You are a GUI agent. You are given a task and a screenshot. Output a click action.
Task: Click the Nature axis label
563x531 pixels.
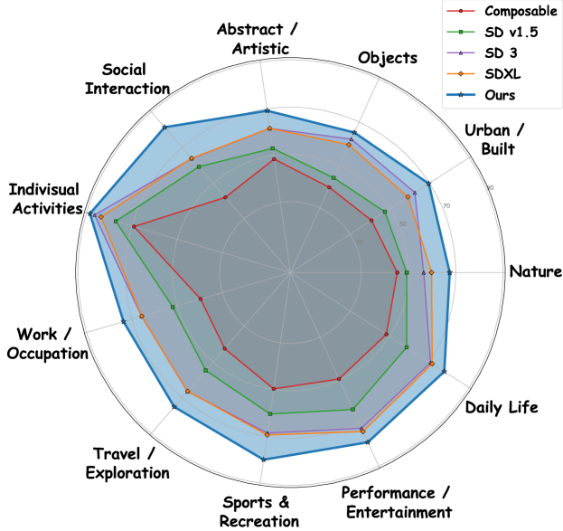(x=533, y=271)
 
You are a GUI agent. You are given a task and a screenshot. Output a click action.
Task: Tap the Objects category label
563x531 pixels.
(x=388, y=58)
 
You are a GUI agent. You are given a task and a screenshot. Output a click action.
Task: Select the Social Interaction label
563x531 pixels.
(x=136, y=79)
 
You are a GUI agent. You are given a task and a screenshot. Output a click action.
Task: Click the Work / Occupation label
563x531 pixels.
(x=46, y=344)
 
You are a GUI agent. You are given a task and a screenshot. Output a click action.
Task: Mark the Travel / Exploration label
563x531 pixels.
(x=131, y=462)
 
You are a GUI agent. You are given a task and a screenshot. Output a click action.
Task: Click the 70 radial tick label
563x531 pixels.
(x=446, y=207)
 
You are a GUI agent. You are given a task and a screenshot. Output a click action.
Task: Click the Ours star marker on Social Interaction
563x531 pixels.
(x=164, y=128)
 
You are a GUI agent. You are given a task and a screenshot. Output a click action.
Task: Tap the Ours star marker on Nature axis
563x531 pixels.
(x=449, y=272)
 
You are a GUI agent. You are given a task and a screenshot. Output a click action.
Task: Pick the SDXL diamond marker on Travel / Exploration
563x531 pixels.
(x=187, y=392)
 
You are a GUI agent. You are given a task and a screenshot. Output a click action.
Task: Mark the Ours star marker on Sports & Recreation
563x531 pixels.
(x=263, y=460)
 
